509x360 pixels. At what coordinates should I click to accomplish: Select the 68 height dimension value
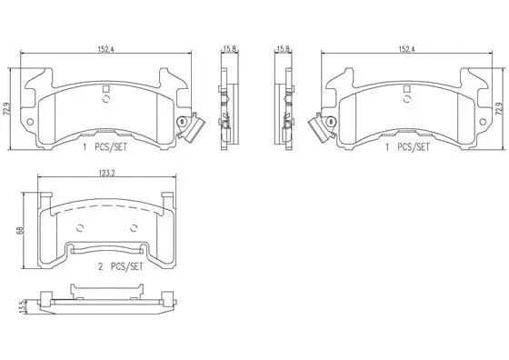pyautogui.click(x=20, y=231)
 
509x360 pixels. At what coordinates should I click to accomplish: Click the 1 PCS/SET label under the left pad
pyautogui.click(x=103, y=146)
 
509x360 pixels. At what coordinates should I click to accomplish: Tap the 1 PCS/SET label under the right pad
pyautogui.click(x=406, y=146)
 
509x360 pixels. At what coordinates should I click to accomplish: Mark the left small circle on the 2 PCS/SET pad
pyautogui.click(x=81, y=227)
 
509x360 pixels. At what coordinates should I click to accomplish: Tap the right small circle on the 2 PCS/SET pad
pyautogui.click(x=133, y=227)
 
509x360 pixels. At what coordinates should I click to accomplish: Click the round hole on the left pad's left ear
pyautogui.click(x=32, y=121)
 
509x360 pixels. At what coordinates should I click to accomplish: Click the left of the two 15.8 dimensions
pyautogui.click(x=225, y=51)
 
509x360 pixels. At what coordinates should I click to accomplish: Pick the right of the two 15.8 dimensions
pyautogui.click(x=284, y=51)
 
